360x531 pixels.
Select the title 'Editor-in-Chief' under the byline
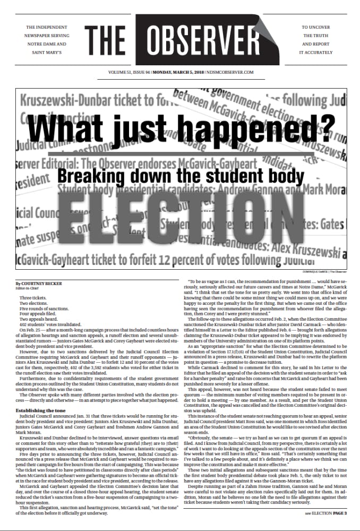point(28,289)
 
